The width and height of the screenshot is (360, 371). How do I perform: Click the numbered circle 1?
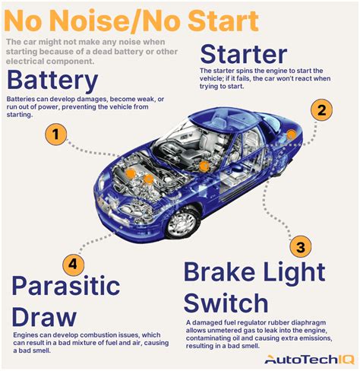pos(54,136)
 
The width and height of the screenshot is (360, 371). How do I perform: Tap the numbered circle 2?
pos(323,110)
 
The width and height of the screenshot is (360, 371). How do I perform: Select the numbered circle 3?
pos(301,246)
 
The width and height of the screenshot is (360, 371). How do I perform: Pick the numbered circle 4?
pos(71,265)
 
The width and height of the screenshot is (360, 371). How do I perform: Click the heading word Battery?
pos(52,81)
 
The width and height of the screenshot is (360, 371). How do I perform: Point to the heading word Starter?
pos(243,55)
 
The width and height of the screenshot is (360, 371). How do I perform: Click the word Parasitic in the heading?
pos(66,287)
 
